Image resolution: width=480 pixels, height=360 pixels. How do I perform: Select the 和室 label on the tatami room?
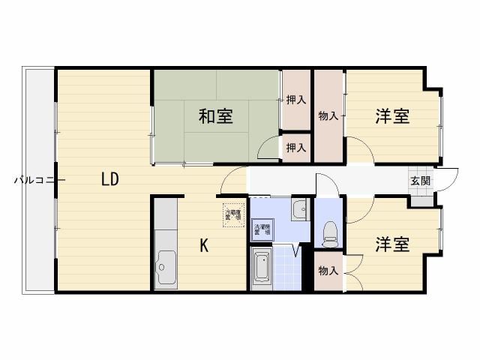[215, 116]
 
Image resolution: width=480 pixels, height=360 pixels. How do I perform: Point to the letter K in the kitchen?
[203, 244]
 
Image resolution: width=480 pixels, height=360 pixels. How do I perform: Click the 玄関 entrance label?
[420, 180]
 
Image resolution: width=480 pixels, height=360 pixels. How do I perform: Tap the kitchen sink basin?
[165, 266]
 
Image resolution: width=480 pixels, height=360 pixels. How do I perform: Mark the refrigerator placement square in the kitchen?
[234, 213]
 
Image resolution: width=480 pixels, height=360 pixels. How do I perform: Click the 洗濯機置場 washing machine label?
[261, 230]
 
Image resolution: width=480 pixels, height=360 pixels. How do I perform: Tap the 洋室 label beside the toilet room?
[392, 244]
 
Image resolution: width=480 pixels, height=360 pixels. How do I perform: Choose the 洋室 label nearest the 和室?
[392, 116]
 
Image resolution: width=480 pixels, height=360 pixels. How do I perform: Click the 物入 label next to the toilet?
[328, 270]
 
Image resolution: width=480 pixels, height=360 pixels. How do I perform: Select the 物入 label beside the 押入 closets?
[328, 116]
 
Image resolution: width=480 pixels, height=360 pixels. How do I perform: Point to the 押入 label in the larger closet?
[296, 100]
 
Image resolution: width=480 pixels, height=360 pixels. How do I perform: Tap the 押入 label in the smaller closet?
[296, 148]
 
